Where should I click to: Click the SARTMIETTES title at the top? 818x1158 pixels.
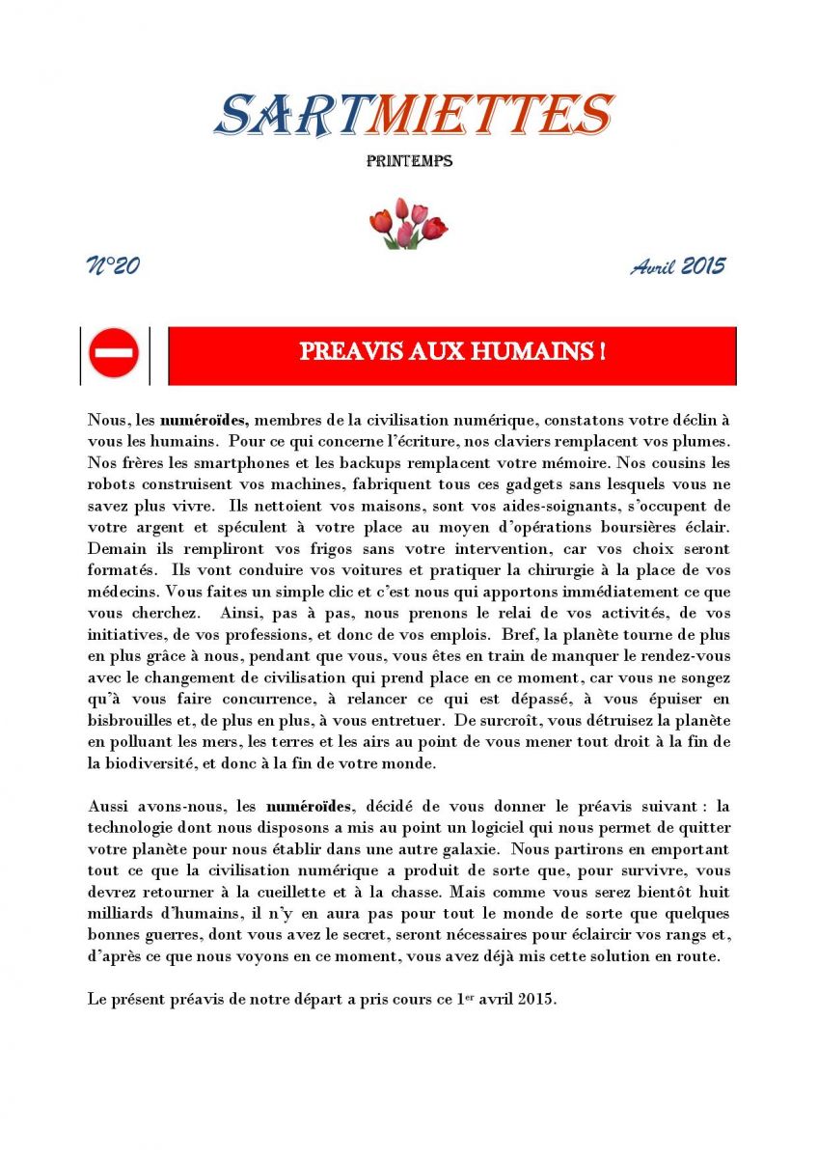click(x=413, y=115)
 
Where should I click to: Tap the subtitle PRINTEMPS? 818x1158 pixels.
click(x=409, y=161)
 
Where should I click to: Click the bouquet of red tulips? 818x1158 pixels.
click(x=408, y=224)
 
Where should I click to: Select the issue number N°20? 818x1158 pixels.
click(x=114, y=266)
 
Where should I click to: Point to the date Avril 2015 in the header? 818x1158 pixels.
click(x=678, y=266)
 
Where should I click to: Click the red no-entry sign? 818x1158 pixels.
click(x=114, y=353)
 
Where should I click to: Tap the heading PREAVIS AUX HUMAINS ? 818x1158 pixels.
click(x=452, y=352)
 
